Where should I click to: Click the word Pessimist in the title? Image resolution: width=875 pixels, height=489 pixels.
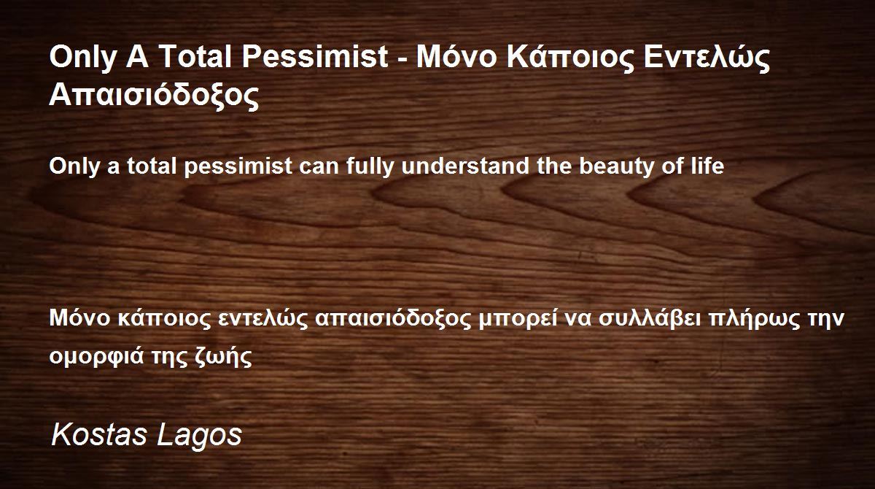[x=315, y=57]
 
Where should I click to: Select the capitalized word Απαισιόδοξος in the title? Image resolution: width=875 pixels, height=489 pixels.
[x=154, y=95]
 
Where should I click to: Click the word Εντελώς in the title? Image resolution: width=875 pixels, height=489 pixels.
[x=707, y=57]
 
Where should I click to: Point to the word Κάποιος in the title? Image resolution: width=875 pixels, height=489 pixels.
[x=571, y=57]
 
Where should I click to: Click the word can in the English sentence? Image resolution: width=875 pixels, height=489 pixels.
[x=319, y=168]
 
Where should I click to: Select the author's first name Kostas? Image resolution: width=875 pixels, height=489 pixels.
[x=99, y=435]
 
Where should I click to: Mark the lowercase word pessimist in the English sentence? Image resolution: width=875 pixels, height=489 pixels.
[x=238, y=167]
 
